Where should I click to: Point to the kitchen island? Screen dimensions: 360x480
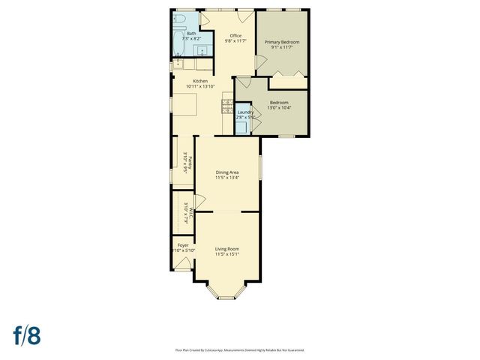(x=186, y=105)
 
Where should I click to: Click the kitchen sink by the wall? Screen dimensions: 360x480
(x=178, y=64)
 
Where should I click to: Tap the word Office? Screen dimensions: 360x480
(x=235, y=35)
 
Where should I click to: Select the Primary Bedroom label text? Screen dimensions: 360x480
(x=281, y=42)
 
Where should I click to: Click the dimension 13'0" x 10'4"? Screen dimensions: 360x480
(x=279, y=108)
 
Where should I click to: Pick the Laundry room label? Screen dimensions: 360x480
(x=245, y=112)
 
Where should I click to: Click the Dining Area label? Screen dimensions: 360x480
(x=227, y=172)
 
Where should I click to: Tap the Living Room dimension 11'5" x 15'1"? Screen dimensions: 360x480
(x=227, y=255)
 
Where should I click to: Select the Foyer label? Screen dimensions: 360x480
(x=183, y=244)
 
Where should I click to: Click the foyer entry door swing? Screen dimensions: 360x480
(x=182, y=263)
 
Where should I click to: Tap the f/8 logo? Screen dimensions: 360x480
(x=26, y=335)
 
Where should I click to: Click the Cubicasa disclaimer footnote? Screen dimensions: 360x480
(x=239, y=349)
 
